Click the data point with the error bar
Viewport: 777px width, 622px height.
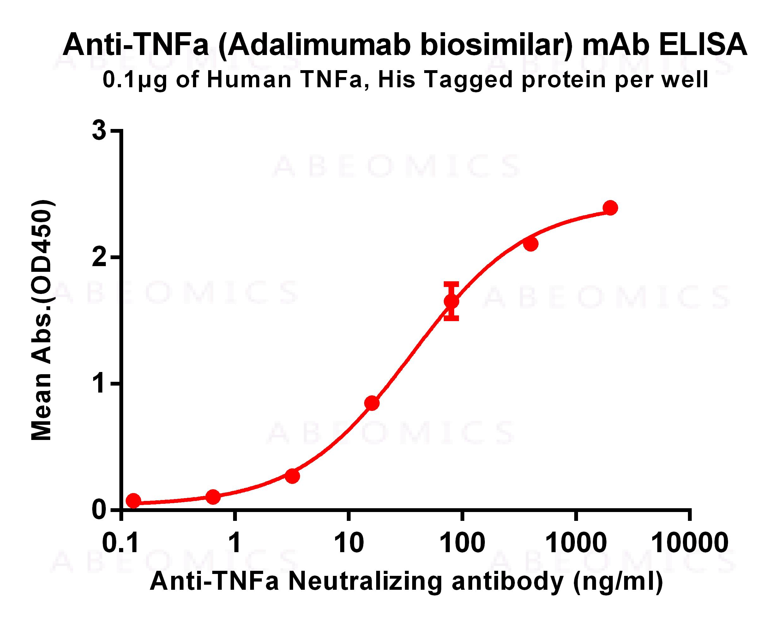coord(451,301)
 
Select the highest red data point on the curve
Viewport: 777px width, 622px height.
coord(610,208)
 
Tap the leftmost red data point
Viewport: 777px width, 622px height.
coord(134,501)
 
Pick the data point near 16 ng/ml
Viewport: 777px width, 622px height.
coord(372,403)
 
